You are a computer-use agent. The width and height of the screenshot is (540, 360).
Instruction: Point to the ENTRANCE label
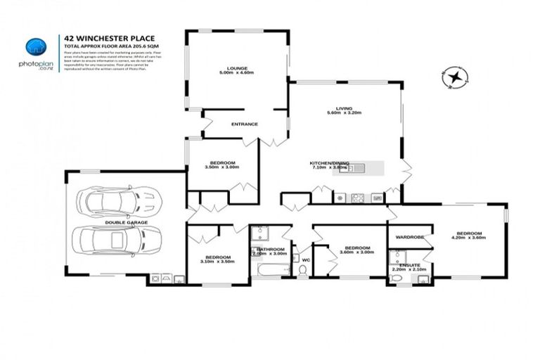[245, 124]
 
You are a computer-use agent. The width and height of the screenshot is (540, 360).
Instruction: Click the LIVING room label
[344, 108]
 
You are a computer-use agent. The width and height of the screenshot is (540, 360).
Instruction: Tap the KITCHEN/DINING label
[328, 164]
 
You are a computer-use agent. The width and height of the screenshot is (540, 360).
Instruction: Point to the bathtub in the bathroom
[271, 268]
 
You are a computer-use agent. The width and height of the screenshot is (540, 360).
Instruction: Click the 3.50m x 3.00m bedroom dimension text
[221, 167]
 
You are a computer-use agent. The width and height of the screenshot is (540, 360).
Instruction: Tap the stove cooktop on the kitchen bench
[357, 198]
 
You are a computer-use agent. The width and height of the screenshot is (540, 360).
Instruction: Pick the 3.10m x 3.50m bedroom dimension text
[217, 261]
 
